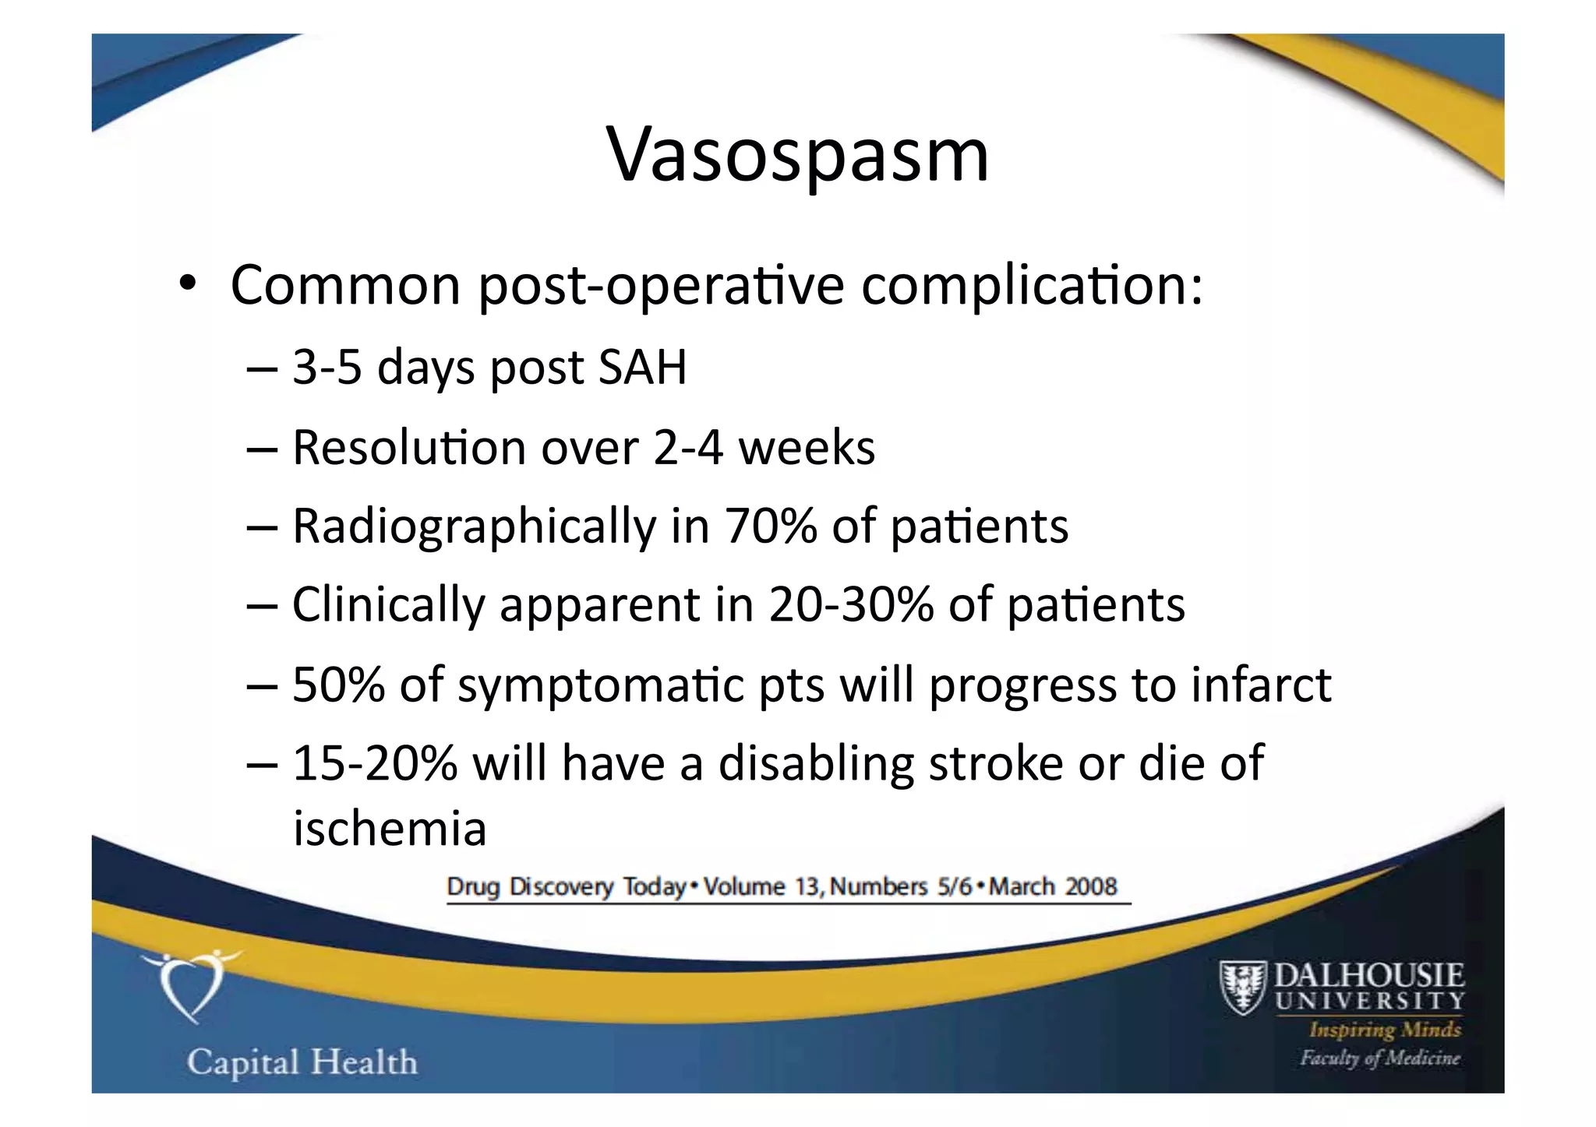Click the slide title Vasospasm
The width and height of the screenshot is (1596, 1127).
click(x=797, y=156)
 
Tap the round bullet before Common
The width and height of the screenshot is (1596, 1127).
click(x=186, y=284)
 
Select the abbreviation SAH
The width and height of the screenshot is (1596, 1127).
click(x=642, y=367)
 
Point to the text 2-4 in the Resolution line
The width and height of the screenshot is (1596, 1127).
click(x=688, y=448)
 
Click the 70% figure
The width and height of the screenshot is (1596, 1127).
click(x=771, y=526)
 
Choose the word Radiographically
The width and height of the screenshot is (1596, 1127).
click(x=475, y=527)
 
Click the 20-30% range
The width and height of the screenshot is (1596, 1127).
click(x=850, y=604)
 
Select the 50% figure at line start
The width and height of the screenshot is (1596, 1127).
click(x=338, y=685)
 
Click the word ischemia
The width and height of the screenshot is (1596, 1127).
click(x=390, y=828)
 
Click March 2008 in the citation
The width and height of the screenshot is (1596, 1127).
click(x=1053, y=887)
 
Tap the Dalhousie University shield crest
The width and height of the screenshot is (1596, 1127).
click(x=1241, y=988)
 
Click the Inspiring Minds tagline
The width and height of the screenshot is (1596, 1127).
click(x=1385, y=1030)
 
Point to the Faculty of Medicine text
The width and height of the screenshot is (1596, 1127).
click(x=1379, y=1058)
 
